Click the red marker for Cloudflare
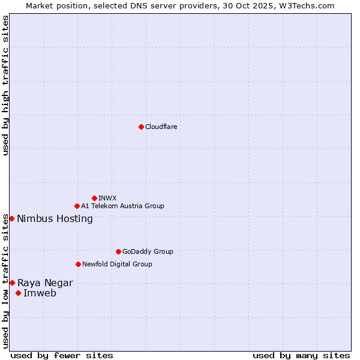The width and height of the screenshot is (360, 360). (141, 127)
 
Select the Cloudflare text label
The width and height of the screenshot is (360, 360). (161, 127)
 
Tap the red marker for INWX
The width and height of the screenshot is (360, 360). (94, 198)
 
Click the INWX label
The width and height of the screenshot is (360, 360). (107, 198)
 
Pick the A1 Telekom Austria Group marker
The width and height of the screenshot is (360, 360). (77, 206)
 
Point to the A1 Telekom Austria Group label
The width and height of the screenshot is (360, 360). (122, 206)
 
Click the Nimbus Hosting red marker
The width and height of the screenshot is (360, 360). (11, 218)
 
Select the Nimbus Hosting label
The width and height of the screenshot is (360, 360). (55, 218)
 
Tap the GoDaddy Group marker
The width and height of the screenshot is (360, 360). (118, 251)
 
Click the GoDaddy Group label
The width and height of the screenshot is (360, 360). (148, 251)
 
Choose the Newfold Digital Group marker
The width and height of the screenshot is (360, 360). (78, 264)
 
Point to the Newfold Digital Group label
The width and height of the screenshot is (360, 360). (117, 264)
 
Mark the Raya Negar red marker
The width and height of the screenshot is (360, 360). (12, 283)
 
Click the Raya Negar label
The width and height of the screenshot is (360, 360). (45, 283)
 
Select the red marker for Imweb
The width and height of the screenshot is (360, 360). (18, 293)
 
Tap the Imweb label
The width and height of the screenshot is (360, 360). (40, 293)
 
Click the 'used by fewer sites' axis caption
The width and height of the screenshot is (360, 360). (62, 355)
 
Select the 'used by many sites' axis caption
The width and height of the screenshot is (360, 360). (301, 355)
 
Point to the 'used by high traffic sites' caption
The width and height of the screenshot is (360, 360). (5, 85)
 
